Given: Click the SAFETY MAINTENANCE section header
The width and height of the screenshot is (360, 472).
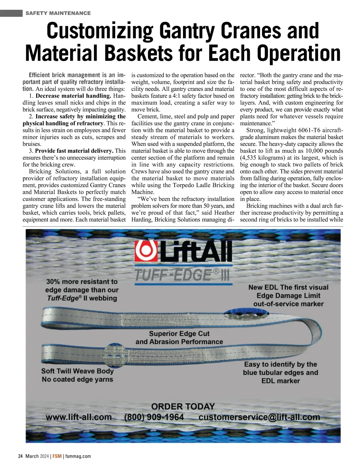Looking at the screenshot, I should [x=58, y=13].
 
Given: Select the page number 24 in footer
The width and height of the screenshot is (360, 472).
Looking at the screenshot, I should [x=20, y=456].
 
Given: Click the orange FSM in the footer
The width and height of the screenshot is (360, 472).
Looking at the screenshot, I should [x=57, y=456].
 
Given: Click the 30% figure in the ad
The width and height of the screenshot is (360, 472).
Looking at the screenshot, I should [x=53, y=282].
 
